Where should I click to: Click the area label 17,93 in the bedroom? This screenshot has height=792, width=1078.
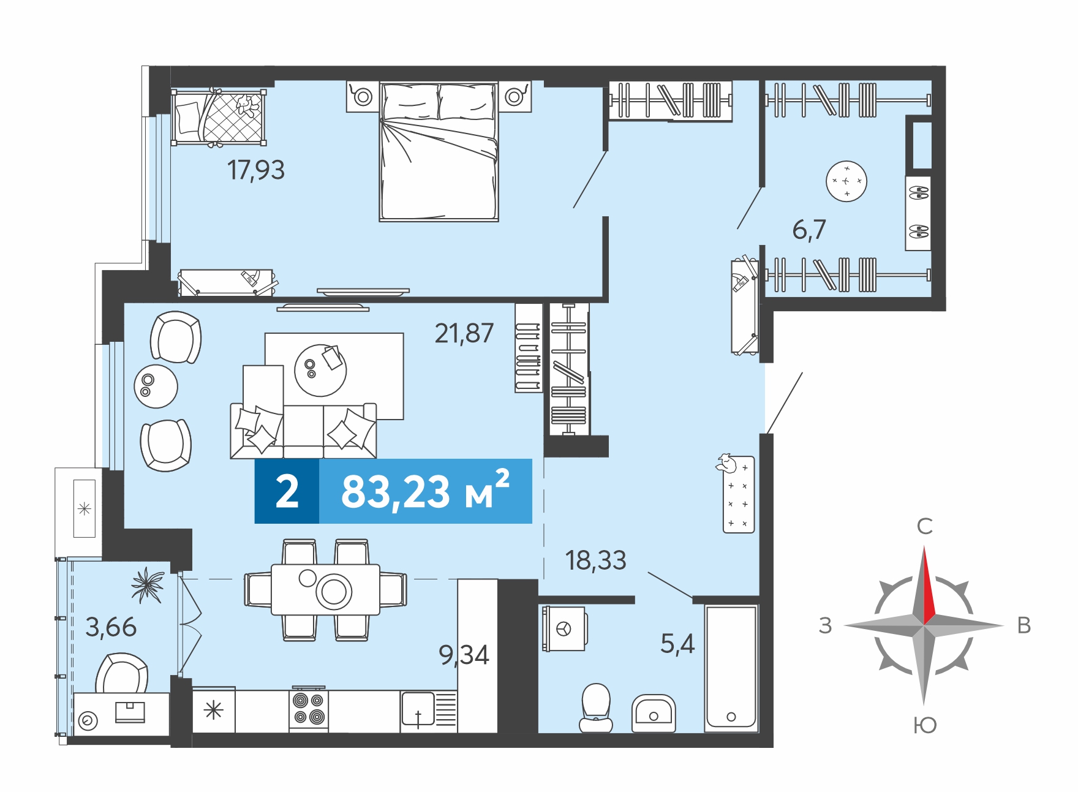pyautogui.click(x=256, y=170)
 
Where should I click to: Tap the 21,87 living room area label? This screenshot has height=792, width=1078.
pyautogui.click(x=464, y=333)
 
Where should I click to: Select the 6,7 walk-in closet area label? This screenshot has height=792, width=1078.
pyautogui.click(x=809, y=230)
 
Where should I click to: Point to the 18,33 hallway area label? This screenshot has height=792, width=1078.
pyautogui.click(x=595, y=560)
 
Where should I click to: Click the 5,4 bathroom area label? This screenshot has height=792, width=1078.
pyautogui.click(x=677, y=644)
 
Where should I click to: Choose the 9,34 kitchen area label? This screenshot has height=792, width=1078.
pyautogui.click(x=464, y=655)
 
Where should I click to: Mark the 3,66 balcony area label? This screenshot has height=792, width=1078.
pyautogui.click(x=111, y=627)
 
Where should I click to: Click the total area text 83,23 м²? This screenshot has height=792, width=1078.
pyautogui.click(x=425, y=491)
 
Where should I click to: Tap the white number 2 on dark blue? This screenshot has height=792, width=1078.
pyautogui.click(x=287, y=491)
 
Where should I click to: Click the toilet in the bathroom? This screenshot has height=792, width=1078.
pyautogui.click(x=596, y=708)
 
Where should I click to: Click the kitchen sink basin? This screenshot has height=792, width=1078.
pyautogui.click(x=418, y=709)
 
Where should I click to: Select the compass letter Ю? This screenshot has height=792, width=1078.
pyautogui.click(x=925, y=725)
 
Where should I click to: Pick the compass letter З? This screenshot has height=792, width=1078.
pyautogui.click(x=826, y=625)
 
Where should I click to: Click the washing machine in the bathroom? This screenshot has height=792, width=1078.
pyautogui.click(x=563, y=628)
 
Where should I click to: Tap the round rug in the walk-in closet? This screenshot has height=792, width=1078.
pyautogui.click(x=846, y=181)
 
